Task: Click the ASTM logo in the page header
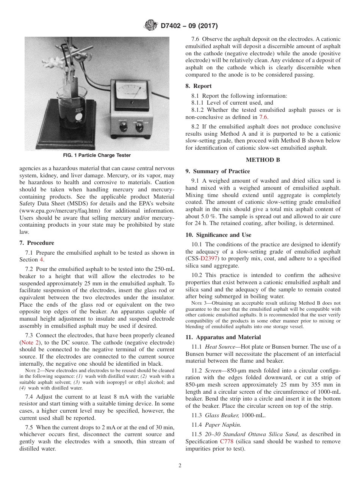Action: tap(151, 26)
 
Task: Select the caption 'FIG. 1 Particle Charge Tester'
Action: tap(97, 155)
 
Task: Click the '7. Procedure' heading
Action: tap(37, 243)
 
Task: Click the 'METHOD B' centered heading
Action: tap(263, 160)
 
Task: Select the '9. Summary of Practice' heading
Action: tap(218, 171)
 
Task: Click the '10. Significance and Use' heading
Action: tap(218, 235)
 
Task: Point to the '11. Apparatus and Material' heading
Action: tap(223, 337)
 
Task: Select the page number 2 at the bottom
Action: tap(180, 466)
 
